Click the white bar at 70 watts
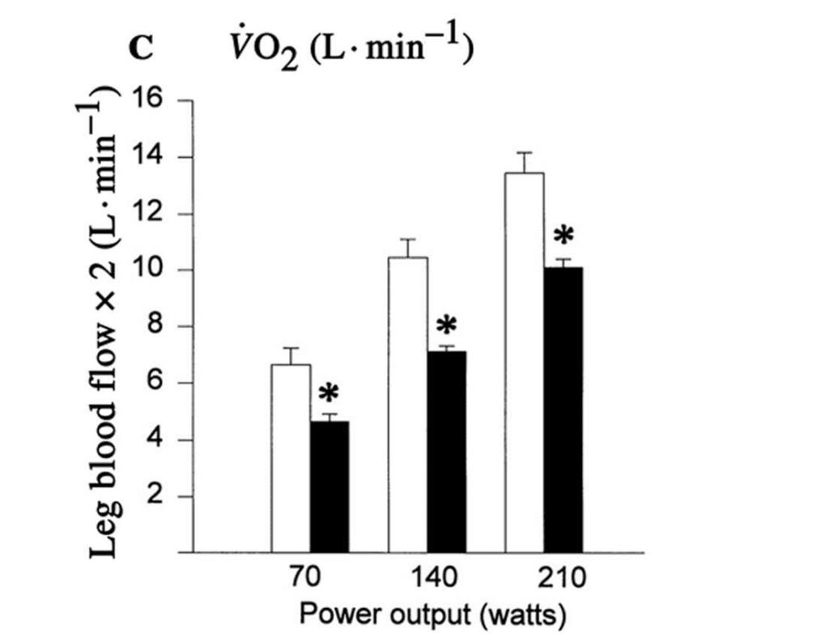click(291, 458)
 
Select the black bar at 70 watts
click(329, 487)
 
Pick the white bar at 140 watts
click(408, 405)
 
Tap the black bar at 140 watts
click(447, 452)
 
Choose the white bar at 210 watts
click(525, 363)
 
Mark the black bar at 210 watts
click(563, 410)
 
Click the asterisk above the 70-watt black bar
click(329, 394)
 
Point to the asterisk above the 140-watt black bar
click(446, 326)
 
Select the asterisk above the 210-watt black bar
click(563, 236)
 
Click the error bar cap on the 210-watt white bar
click(525, 152)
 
